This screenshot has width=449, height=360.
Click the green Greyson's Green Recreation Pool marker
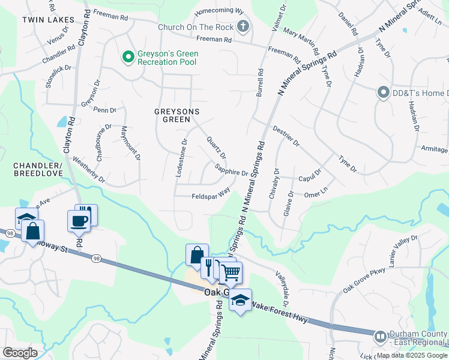(x=127, y=57)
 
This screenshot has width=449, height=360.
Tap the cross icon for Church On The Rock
(x=243, y=26)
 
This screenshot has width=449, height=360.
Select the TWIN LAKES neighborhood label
(x=48, y=20)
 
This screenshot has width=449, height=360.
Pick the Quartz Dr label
(x=216, y=147)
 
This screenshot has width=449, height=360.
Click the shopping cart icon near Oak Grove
(x=231, y=273)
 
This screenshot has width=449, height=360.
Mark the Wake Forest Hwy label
(x=279, y=312)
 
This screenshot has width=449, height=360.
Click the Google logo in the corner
(x=20, y=353)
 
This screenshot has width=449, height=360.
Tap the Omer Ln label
(x=316, y=194)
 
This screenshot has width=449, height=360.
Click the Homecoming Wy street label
(x=219, y=11)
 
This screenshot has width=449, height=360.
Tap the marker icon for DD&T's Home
(x=382, y=92)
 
